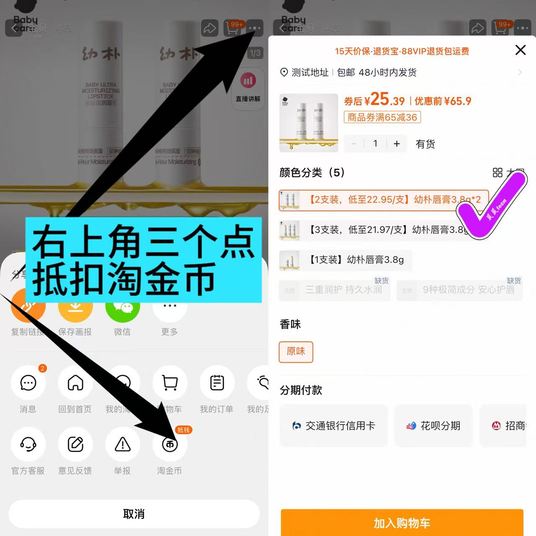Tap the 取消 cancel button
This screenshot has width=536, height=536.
coord(134,514)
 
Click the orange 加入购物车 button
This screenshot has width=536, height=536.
coord(402,523)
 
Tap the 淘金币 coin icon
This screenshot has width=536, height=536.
coord(170,444)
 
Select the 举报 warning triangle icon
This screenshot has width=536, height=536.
coord(123,444)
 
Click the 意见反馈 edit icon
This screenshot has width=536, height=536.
coord(75,444)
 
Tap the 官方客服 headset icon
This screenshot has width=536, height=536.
coord(28,444)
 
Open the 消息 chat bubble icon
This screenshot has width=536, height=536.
coord(28,383)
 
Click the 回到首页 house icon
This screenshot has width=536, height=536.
coord(75,383)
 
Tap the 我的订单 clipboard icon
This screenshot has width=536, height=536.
coord(217,383)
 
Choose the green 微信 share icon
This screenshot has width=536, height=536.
coord(122,308)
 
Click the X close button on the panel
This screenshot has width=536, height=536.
coord(520,50)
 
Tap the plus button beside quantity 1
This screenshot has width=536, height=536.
coord(397,144)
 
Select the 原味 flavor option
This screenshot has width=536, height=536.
coord(296,352)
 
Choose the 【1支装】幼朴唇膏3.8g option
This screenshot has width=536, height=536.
coord(345,260)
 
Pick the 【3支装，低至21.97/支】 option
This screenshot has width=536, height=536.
coord(373,230)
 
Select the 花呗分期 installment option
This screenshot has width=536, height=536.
coord(433,426)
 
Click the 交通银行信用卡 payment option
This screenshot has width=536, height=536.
coord(334,426)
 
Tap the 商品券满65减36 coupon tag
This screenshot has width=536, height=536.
coord(382,117)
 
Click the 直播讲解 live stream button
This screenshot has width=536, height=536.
coord(248,88)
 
